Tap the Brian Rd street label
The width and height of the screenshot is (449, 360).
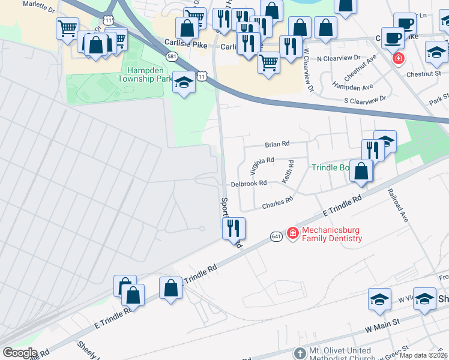click(x=277, y=144)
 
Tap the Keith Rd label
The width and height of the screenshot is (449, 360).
click(x=289, y=172)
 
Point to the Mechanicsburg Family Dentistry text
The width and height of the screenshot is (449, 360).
click(x=332, y=234)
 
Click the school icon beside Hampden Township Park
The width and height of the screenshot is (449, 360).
click(x=184, y=83)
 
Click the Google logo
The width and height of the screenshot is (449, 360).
click(x=20, y=353)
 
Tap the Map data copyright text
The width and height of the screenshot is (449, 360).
click(x=423, y=355)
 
